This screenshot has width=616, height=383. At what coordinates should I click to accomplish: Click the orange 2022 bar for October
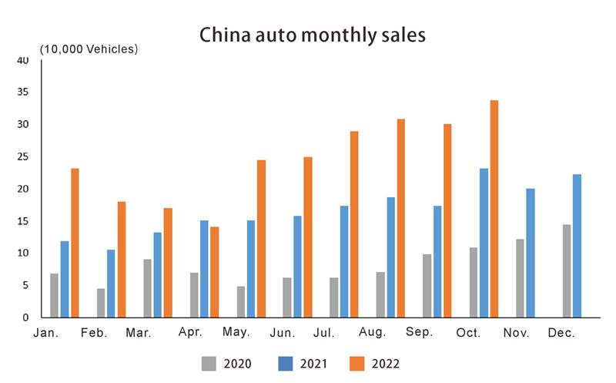pos(494,209)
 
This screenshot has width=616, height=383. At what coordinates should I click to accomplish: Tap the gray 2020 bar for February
pos(101,303)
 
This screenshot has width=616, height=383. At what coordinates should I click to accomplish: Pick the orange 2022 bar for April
pos(214,272)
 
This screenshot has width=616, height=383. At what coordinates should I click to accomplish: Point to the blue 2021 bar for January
pos(65,279)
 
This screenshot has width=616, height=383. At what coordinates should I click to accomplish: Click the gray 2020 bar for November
pos(520,278)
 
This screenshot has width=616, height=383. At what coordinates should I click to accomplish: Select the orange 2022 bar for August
pos(401,218)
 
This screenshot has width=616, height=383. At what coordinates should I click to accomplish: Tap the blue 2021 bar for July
pos(344,261)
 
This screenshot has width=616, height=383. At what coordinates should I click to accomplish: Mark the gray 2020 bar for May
pos(241,302)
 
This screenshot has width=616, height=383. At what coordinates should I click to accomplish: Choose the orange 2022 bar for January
pos(75,243)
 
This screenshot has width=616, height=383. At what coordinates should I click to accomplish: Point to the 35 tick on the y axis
pos(23,92)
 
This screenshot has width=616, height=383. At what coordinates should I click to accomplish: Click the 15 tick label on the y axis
pos(23,221)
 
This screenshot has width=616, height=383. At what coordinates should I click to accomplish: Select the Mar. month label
pos(139,334)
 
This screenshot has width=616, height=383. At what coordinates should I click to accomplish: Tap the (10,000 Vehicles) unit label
pos(89,49)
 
